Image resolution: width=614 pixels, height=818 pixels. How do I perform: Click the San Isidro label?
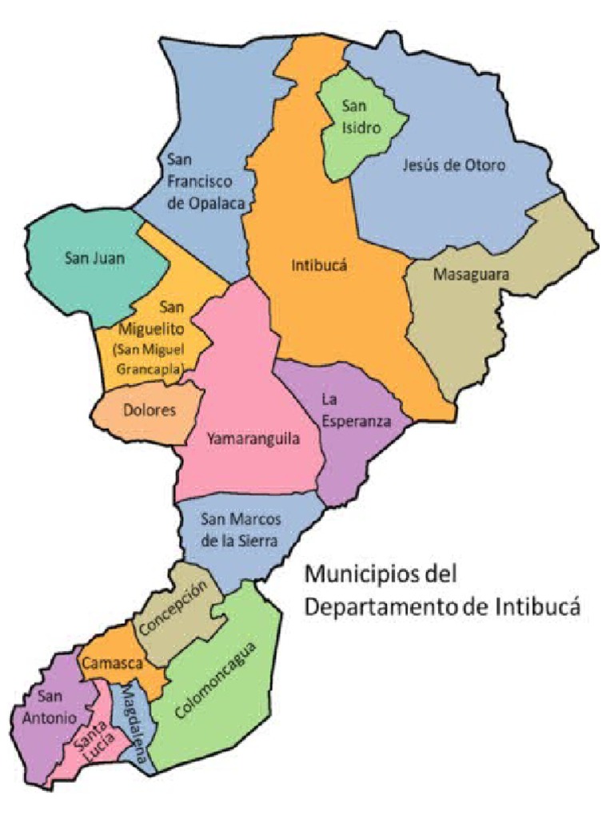354,116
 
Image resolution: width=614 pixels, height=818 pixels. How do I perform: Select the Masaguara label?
471,275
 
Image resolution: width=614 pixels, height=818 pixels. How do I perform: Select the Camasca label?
112,662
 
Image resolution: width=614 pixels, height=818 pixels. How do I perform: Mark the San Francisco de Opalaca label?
209,181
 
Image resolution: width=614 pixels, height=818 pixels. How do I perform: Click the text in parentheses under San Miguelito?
150,359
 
